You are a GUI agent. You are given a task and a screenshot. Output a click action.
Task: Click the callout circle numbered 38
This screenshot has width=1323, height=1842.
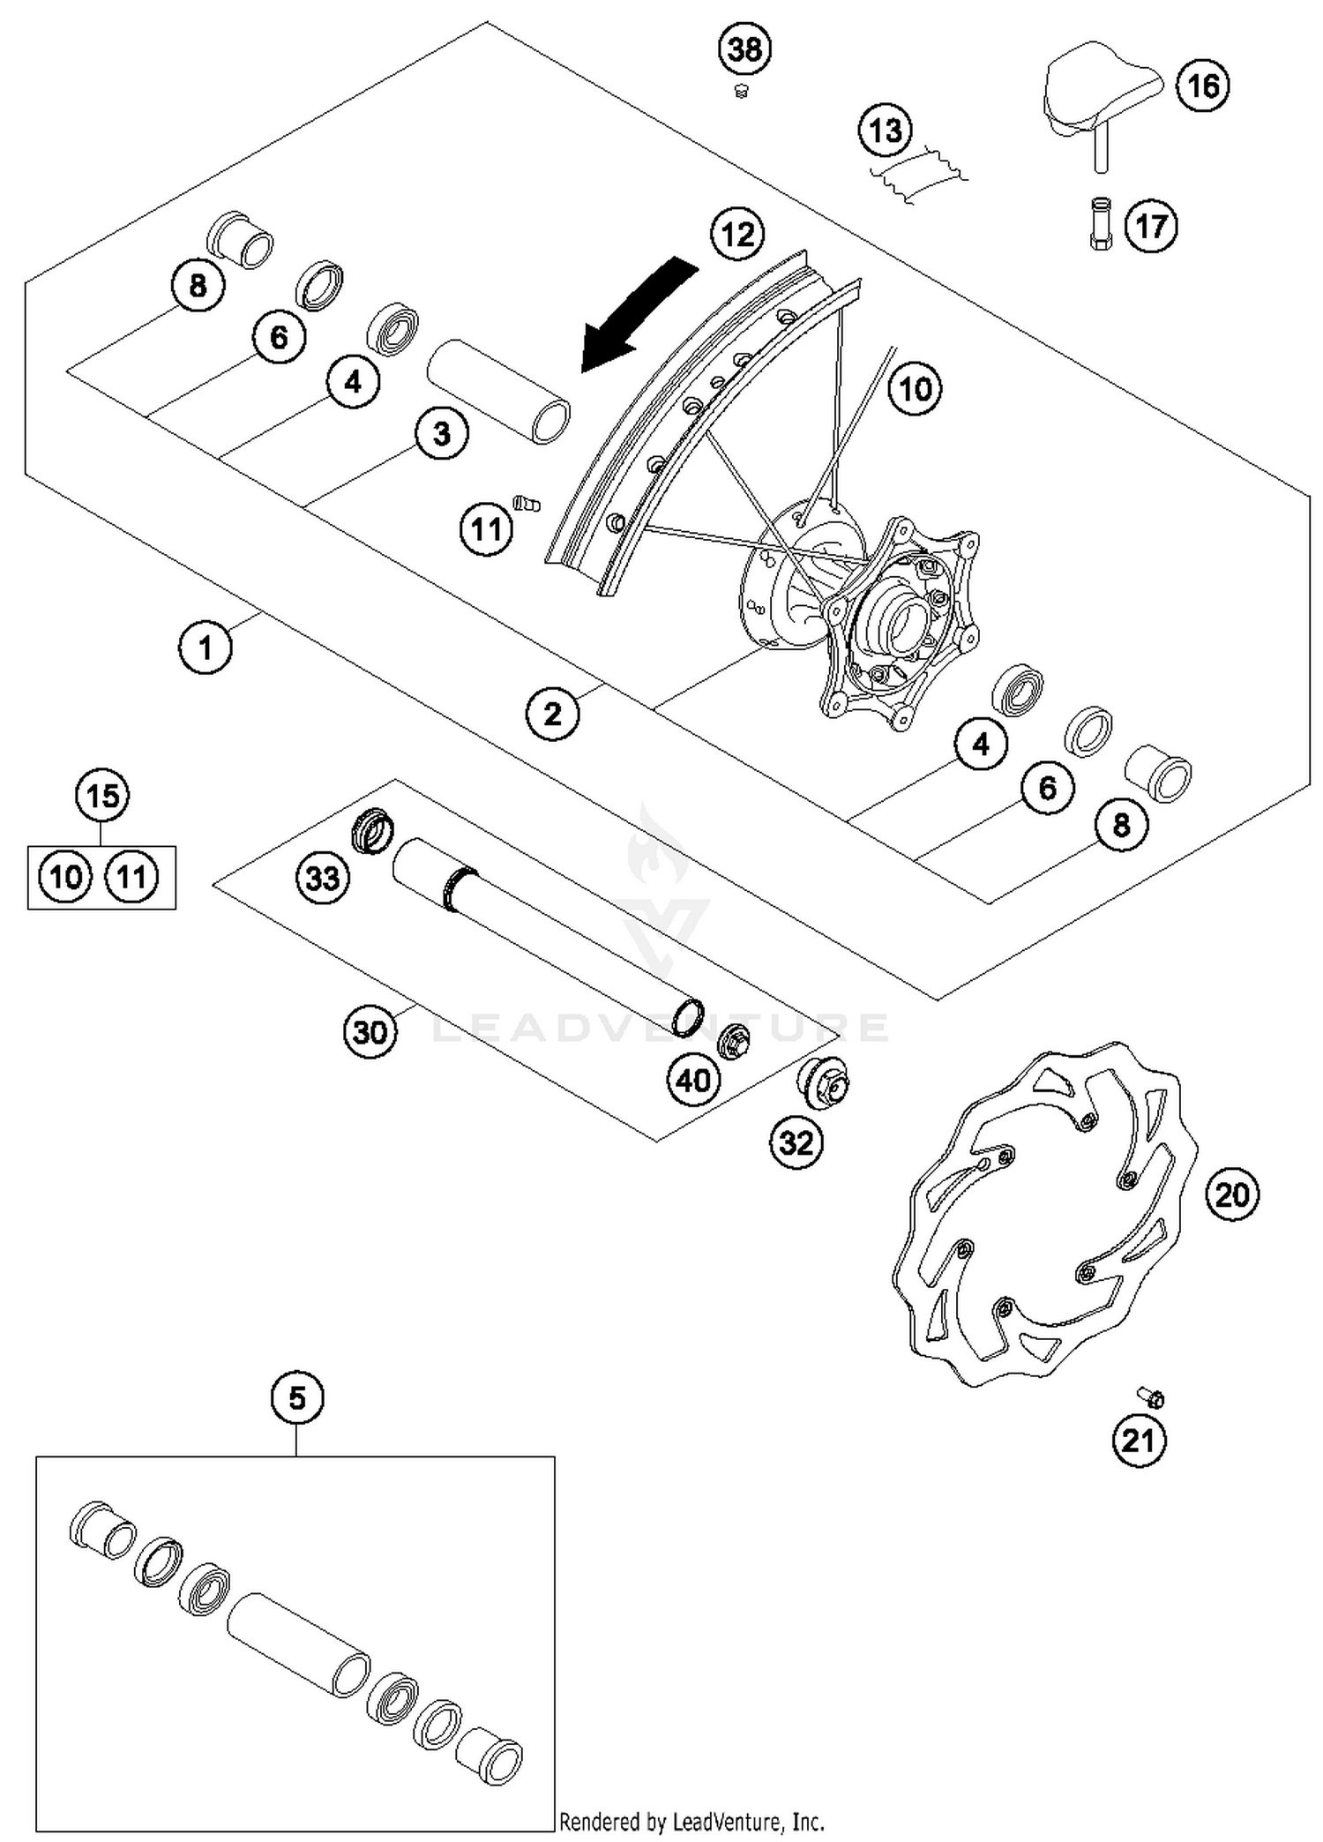click(745, 49)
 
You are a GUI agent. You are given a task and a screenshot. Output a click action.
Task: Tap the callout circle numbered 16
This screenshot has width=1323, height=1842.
click(1203, 86)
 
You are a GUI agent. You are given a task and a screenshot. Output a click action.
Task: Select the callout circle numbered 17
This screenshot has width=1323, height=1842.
click(1151, 227)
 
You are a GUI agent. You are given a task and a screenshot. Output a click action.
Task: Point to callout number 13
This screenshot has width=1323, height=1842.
click(886, 131)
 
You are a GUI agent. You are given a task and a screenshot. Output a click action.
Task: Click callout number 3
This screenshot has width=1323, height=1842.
click(441, 433)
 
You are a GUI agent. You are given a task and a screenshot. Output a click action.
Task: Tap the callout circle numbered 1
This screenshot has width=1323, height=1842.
click(206, 648)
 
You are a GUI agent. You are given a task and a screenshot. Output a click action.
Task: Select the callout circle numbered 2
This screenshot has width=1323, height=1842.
click(553, 714)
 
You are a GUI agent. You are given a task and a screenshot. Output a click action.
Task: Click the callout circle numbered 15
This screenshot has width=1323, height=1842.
click(102, 796)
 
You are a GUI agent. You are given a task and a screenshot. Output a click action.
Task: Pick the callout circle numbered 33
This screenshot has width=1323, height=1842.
click(322, 878)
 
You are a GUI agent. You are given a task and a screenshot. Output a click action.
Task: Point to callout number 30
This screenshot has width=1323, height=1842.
click(370, 1030)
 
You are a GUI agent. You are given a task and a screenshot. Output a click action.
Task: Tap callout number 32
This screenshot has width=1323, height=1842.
click(796, 1143)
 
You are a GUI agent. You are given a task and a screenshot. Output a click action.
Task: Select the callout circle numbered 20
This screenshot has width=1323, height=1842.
click(1232, 1195)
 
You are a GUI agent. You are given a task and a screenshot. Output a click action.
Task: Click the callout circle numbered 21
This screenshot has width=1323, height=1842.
click(1138, 1441)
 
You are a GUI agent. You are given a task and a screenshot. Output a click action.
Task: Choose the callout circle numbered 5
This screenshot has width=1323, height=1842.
click(297, 1398)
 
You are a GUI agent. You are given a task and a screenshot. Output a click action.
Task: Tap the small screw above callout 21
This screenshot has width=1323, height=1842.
click(1151, 1397)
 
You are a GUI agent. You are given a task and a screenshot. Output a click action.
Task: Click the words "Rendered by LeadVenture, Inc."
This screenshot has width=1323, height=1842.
click(691, 1821)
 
